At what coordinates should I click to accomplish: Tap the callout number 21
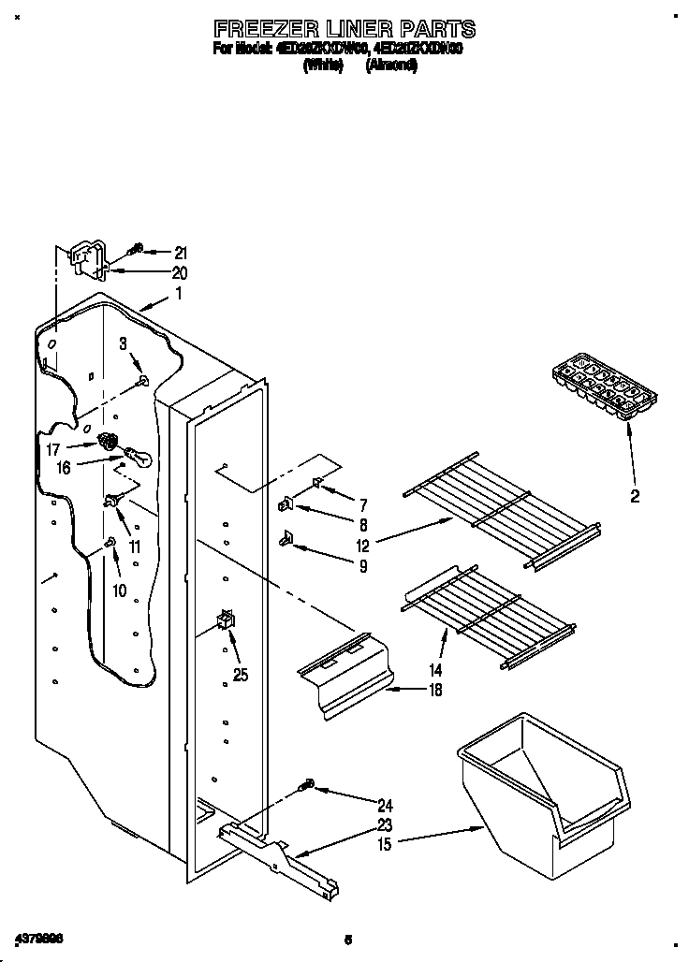tap(181, 253)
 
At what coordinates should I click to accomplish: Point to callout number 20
tap(180, 273)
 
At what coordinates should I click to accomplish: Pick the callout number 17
tap(52, 450)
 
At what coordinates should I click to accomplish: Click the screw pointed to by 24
tap(307, 786)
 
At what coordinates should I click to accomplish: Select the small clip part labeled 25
tap(225, 620)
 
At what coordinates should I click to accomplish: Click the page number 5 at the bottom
tap(347, 939)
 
